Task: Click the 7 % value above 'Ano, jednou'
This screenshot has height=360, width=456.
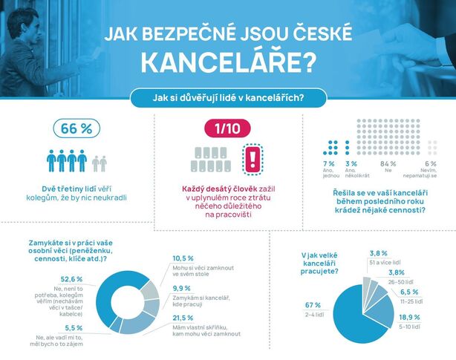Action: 328,163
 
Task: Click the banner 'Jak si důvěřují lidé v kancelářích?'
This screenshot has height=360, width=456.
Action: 228,98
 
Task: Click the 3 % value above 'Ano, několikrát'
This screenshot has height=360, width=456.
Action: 351,163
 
